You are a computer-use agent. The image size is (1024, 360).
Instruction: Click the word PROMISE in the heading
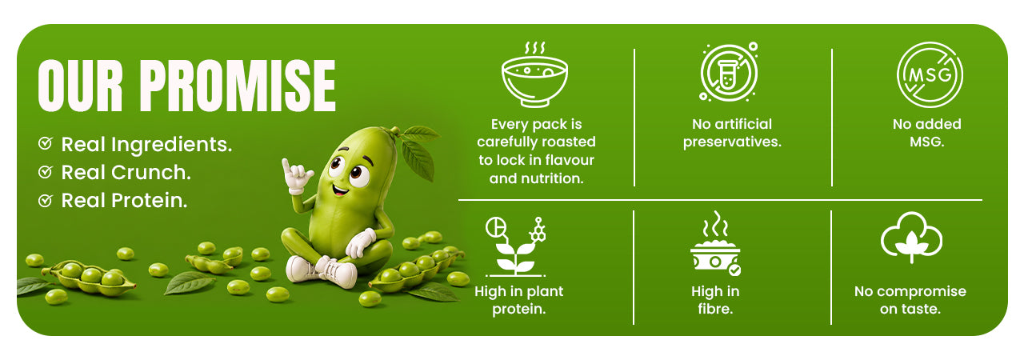tap(238, 86)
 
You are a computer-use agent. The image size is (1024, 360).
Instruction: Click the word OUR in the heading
tap(81, 86)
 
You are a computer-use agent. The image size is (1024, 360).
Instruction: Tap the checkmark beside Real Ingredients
tap(46, 143)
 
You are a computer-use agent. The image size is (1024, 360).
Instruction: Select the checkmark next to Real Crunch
tap(46, 172)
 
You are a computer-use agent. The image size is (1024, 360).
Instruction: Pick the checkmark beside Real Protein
tap(46, 200)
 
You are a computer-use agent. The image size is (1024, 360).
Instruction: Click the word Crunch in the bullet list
tap(151, 173)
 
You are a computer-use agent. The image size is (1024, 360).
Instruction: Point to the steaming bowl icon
tap(534, 74)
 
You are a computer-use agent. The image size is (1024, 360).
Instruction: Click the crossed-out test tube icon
tap(729, 72)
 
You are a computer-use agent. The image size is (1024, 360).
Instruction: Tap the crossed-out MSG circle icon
tap(930, 75)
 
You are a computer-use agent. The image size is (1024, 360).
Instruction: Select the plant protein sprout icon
tap(516, 246)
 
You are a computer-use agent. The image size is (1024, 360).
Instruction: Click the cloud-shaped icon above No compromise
tap(911, 238)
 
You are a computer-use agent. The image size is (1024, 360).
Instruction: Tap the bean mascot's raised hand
tap(296, 176)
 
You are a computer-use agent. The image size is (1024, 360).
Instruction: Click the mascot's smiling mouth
tap(340, 189)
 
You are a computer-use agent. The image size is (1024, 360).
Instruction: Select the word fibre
tap(715, 310)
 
